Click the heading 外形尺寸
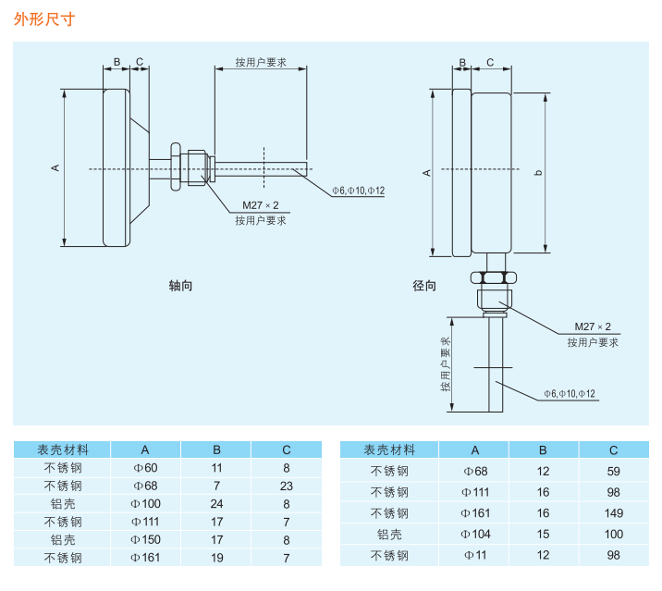point(43,19)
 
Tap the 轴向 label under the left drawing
point(180,286)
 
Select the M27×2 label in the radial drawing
point(593,327)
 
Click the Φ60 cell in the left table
point(146,468)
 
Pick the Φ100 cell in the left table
point(146,504)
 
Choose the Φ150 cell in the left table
point(146,539)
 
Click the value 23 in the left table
point(287,486)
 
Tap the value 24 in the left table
point(217,504)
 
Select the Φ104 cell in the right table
point(475,534)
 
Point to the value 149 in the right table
point(614,512)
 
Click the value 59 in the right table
point(614,470)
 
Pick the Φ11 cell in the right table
point(475,555)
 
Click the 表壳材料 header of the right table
point(389,450)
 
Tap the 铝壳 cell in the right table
point(389,534)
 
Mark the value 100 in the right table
point(614,534)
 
